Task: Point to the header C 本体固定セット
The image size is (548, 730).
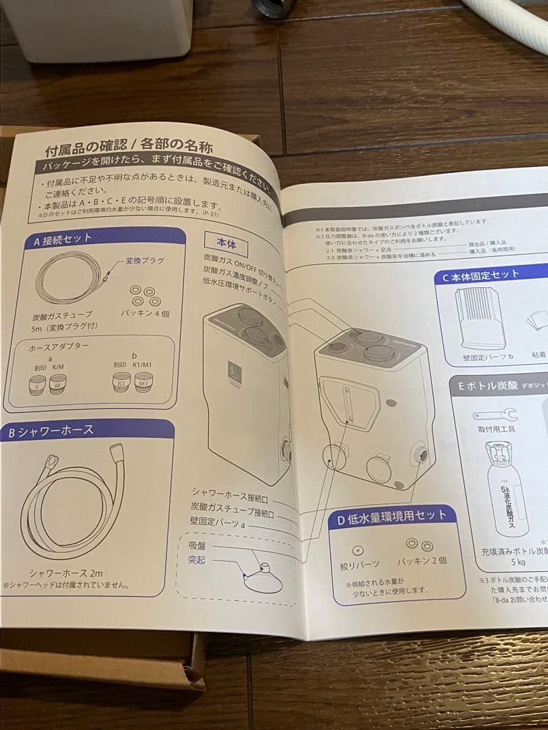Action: tap(480, 275)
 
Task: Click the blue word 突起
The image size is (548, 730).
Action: tap(197, 560)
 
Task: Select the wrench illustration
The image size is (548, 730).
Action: tap(495, 414)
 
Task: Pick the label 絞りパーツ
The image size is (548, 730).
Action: tap(359, 563)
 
